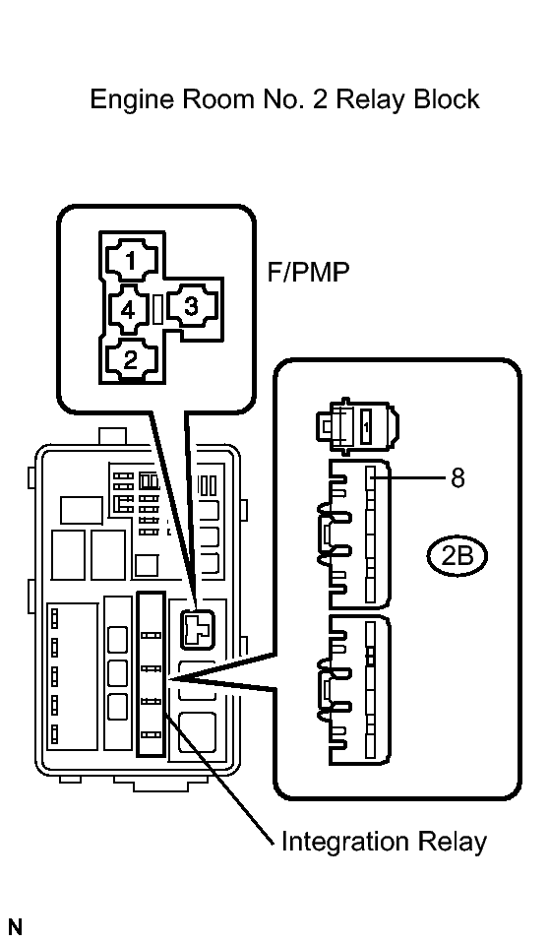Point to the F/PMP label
click(308, 273)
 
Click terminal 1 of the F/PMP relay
click(131, 260)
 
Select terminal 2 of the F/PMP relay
click(131, 359)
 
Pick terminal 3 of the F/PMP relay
click(191, 307)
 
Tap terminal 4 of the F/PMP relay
click(127, 309)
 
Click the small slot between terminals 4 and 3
click(156, 309)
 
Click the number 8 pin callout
click(457, 478)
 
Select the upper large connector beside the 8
click(357, 532)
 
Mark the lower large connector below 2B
click(357, 689)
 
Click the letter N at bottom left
click(14, 926)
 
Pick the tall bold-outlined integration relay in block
click(151, 672)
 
